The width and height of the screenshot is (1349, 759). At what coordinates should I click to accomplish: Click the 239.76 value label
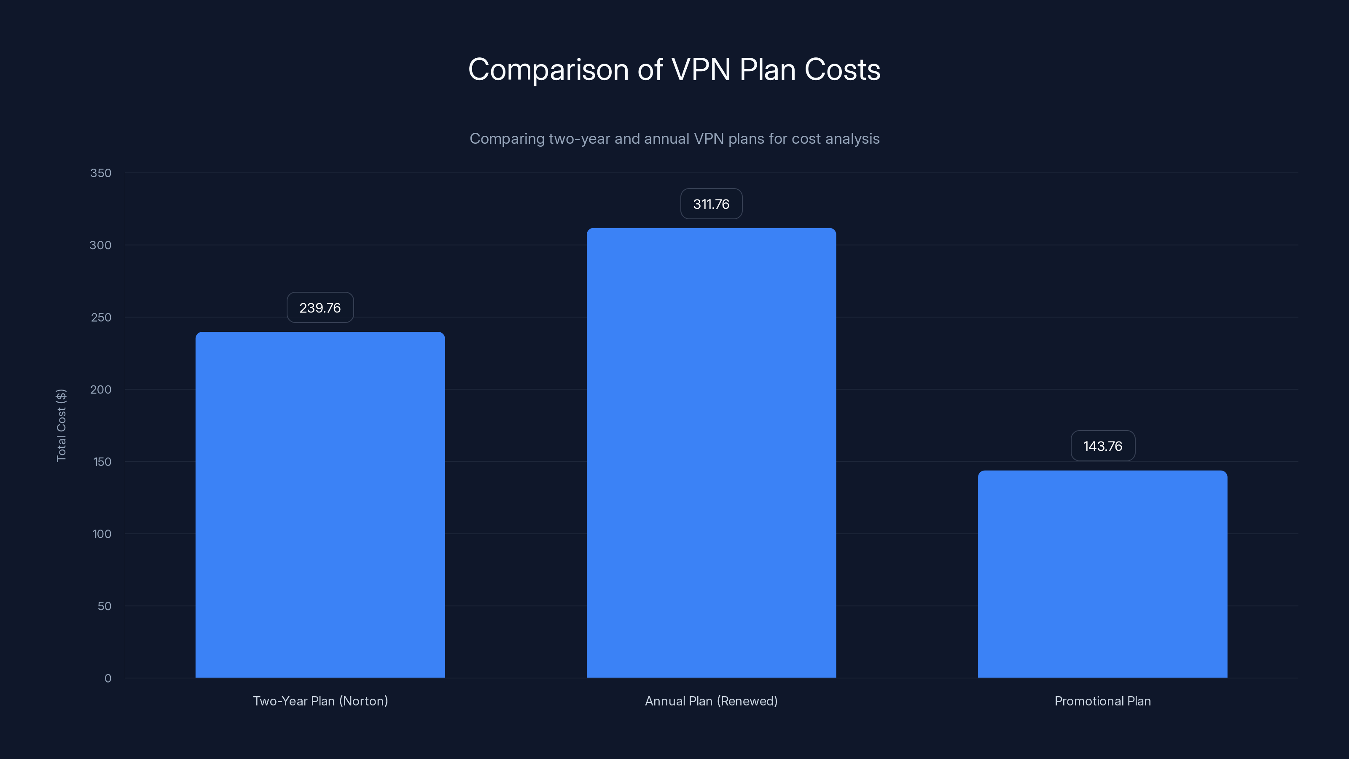coord(320,307)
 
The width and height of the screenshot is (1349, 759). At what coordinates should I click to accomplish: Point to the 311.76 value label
coord(711,204)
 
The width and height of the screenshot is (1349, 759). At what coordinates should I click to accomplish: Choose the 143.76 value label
coord(1102,446)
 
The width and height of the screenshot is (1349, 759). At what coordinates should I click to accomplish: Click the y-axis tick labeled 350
coord(101,173)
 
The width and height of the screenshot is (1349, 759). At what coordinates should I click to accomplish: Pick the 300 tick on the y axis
coord(101,245)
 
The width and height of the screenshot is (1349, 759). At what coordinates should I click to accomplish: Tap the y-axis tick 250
coord(101,318)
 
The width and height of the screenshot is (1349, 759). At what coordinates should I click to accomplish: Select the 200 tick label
coord(101,389)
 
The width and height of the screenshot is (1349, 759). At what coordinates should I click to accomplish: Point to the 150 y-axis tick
coord(102,461)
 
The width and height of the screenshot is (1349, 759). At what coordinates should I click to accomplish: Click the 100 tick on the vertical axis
coord(102,534)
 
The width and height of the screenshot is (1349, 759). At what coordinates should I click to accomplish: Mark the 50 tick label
coord(104,606)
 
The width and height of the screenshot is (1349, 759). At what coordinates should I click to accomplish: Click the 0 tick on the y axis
coord(107,678)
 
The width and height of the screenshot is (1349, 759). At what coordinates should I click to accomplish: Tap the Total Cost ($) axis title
coord(61,425)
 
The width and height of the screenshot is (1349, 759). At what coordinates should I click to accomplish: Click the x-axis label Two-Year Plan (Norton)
coord(320,701)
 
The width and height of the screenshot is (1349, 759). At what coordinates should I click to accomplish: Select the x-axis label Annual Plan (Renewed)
coord(711,701)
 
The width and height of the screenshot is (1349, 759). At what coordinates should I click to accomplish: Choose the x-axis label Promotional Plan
coord(1102,701)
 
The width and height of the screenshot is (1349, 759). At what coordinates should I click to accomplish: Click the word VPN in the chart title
coord(700,69)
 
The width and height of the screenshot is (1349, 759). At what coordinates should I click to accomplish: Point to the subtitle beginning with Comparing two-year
coord(674,138)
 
